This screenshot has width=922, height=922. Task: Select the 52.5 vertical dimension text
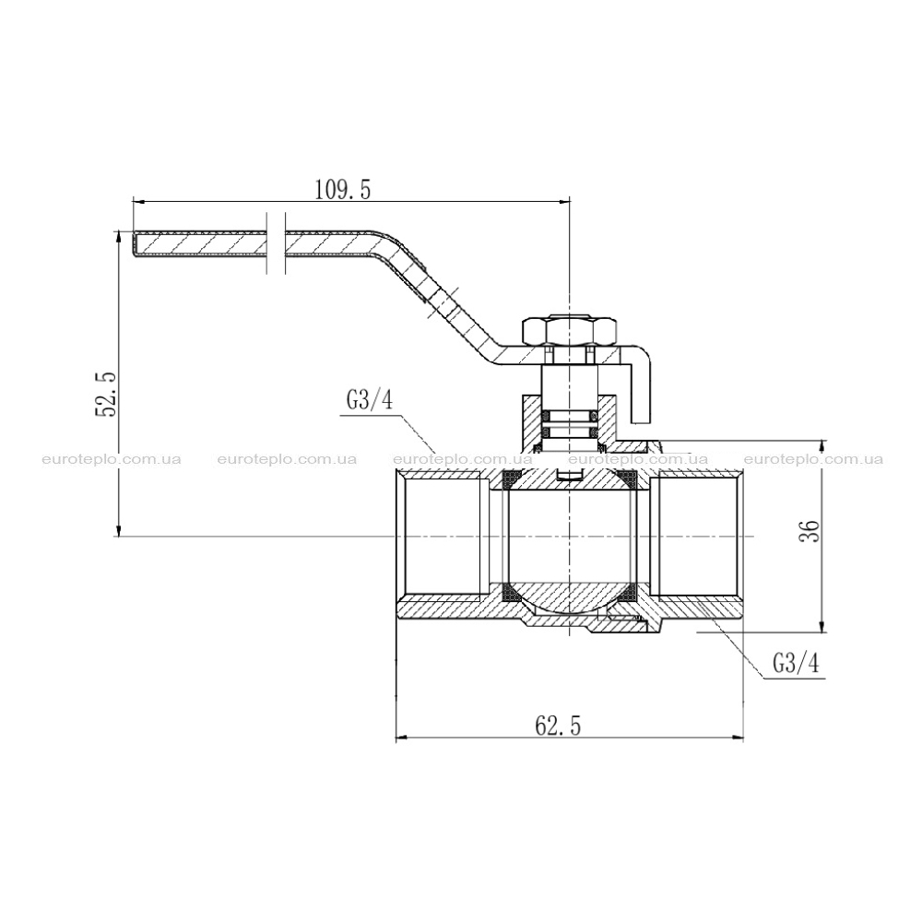pos(107,394)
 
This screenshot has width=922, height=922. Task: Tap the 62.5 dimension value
pos(558,727)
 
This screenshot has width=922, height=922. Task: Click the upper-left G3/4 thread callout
pos(369,401)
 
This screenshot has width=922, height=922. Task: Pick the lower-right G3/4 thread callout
pos(795,665)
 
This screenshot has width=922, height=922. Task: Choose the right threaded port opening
pos(697,536)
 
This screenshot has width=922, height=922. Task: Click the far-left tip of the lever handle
pos(133,244)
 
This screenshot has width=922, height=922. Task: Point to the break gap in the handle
pos(276,243)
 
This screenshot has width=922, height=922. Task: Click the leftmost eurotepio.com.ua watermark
pos(112,459)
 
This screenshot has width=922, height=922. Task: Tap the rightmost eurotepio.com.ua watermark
pos(813,459)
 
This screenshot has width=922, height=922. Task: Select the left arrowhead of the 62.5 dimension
pos(402,738)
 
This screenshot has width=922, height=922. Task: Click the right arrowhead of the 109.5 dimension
pos(564,201)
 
